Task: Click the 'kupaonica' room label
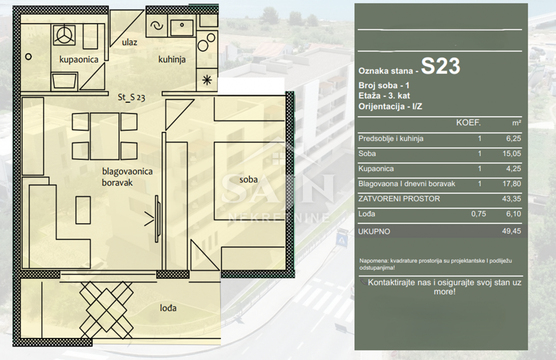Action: [79, 60]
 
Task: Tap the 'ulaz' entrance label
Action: [129, 42]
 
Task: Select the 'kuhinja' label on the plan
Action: [172, 60]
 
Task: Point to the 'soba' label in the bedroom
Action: [248, 179]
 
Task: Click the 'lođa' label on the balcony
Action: [168, 308]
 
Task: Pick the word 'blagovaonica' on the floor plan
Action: [127, 171]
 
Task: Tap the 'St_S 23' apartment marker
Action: [131, 97]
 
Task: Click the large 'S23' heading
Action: [441, 66]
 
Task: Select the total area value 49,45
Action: [512, 231]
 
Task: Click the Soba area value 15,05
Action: [512, 153]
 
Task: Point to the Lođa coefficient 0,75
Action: [479, 214]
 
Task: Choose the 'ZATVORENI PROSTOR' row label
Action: [399, 199]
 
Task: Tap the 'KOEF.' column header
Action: [468, 123]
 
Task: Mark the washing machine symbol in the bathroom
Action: [64, 35]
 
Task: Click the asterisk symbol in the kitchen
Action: [207, 80]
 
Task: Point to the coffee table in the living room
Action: [83, 210]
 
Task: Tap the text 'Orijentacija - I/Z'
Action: [390, 107]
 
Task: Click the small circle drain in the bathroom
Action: [29, 57]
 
